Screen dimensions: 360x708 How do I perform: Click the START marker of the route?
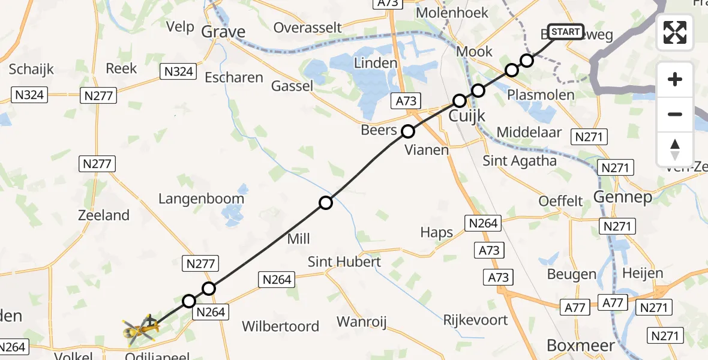tap(565, 32)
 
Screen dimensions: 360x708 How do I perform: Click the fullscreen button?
tap(675, 32)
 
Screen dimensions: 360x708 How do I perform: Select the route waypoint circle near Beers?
tap(408, 131)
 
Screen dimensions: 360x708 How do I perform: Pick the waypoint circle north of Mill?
tap(326, 203)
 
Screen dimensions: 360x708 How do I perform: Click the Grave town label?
tap(224, 31)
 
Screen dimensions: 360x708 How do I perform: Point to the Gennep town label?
tap(622, 197)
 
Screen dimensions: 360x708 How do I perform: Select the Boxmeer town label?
tap(581, 346)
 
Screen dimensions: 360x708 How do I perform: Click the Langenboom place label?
tap(202, 199)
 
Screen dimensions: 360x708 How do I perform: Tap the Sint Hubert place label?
tap(344, 262)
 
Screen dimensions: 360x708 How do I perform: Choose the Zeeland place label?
tap(104, 215)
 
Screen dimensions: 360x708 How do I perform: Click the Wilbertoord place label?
tap(280, 326)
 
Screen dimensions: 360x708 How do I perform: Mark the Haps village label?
tap(437, 233)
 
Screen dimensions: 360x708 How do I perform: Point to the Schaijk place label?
tap(31, 69)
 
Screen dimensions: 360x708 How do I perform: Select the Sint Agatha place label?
tap(520, 161)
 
